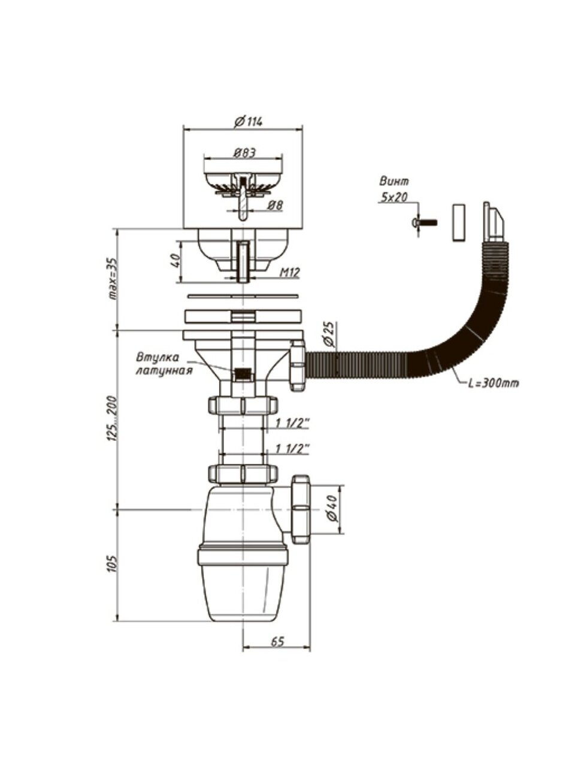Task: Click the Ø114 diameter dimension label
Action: tap(249, 122)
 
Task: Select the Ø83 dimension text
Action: tap(242, 153)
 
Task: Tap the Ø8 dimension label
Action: tap(275, 206)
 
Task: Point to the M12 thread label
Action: tap(290, 273)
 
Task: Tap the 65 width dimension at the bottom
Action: tap(277, 642)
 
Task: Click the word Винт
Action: tap(394, 180)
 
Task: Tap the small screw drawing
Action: tap(425, 222)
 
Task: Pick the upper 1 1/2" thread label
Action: tap(292, 424)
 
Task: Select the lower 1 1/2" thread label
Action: tap(292, 448)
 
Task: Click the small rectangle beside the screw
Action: tap(458, 222)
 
